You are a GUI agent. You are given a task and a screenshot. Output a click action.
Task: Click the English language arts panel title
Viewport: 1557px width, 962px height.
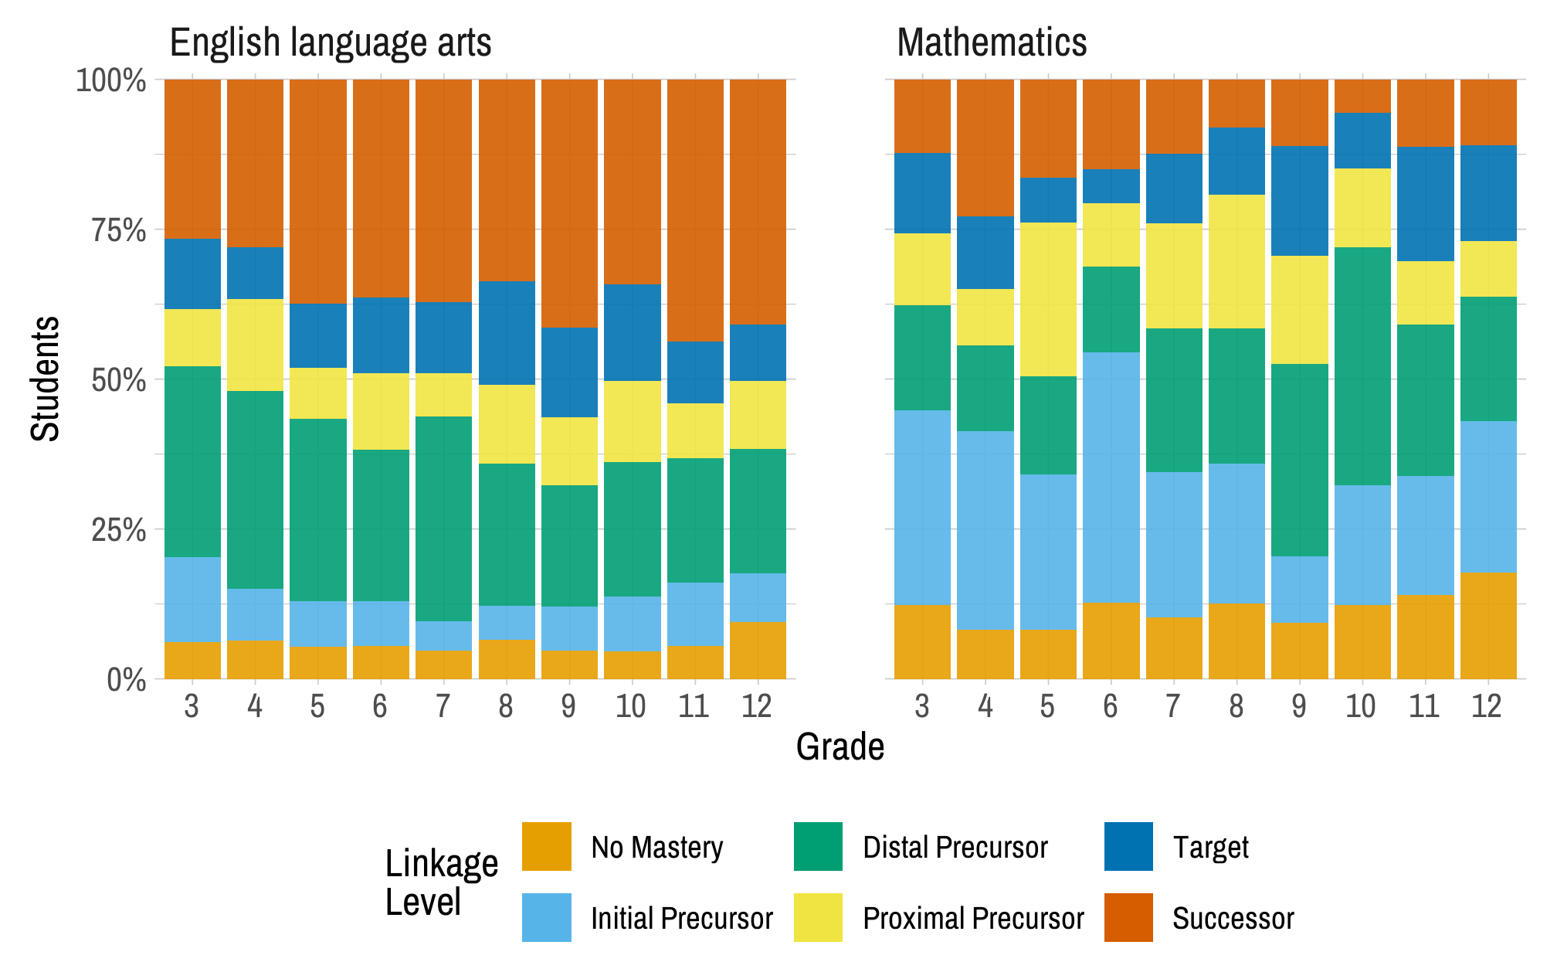pos(330,42)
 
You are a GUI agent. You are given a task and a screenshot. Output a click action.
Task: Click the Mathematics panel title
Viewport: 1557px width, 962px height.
pos(991,42)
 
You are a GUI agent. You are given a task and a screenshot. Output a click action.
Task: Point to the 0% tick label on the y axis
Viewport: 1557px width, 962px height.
pos(126,681)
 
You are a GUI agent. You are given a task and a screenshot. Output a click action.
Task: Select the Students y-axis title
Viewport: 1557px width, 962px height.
pos(45,379)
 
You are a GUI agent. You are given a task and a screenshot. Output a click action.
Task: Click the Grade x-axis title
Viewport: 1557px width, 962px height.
pos(840,747)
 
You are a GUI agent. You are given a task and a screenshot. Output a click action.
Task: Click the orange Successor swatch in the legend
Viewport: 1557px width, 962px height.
pos(1128,917)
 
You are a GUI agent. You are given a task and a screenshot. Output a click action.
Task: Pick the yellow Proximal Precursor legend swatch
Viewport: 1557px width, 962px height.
pos(818,917)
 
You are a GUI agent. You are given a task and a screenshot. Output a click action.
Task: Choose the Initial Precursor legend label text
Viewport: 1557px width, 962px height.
pos(681,919)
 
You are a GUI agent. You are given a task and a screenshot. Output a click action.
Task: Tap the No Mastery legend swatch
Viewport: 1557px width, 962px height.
pos(546,846)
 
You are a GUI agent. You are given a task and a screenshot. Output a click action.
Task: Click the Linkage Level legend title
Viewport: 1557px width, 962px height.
pos(440,882)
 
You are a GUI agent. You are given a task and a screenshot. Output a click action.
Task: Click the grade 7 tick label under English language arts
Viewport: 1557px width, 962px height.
pos(443,706)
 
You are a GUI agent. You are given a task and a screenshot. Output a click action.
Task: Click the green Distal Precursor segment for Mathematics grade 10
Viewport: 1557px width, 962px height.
pos(1362,366)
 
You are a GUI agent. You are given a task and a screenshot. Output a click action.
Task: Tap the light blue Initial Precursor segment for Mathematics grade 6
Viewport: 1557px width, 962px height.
pos(1111,477)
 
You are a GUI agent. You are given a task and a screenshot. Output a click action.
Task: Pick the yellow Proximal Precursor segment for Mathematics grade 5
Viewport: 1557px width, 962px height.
pos(1048,299)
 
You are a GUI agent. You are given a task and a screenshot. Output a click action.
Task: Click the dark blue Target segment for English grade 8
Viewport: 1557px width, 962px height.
pos(507,333)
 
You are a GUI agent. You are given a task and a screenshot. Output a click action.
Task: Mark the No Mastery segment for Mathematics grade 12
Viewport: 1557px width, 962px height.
pos(1487,626)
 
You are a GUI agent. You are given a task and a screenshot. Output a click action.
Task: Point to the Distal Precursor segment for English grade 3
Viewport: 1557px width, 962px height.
pos(192,461)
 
